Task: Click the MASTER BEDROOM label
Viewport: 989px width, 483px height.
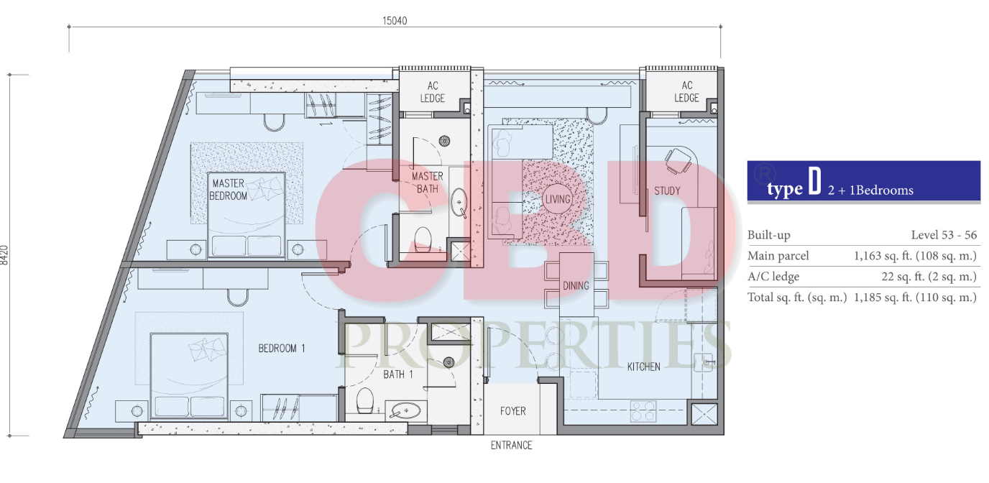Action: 228,190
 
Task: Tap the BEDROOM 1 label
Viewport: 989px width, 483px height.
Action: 282,349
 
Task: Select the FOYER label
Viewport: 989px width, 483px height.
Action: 512,411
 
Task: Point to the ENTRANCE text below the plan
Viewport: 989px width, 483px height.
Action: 511,445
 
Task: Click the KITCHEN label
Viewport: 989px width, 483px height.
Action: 644,367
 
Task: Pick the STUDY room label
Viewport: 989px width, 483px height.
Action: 667,190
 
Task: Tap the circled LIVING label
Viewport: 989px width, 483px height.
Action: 558,199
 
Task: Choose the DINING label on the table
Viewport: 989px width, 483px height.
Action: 576,285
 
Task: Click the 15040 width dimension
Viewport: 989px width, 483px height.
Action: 395,21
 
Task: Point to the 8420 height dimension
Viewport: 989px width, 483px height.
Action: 4,255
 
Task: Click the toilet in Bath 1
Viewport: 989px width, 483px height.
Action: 364,400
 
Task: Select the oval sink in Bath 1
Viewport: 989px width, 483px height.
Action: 405,411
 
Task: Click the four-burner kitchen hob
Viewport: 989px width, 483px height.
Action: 643,411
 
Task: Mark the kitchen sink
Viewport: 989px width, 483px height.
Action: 704,362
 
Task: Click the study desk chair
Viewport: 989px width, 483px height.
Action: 678,160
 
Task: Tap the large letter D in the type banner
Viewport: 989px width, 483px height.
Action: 815,181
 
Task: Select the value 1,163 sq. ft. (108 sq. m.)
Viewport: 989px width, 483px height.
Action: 915,256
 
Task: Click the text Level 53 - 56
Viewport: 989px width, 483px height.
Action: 944,235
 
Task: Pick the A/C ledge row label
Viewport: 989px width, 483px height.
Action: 773,277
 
